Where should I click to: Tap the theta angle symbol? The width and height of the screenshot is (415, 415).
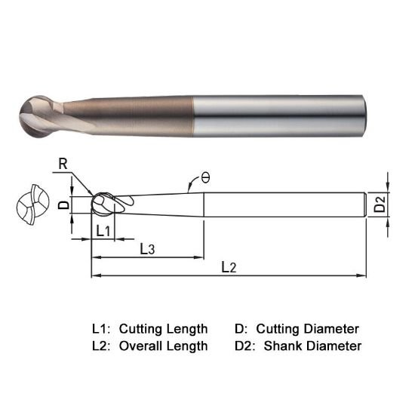[204, 179]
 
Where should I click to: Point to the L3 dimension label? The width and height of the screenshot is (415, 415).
[148, 249]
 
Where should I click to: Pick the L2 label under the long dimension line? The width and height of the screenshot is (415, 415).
[229, 267]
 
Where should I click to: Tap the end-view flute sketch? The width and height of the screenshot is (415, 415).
[31, 204]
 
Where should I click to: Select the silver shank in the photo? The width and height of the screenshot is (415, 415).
[294, 113]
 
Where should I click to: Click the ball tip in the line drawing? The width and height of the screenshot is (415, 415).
[103, 205]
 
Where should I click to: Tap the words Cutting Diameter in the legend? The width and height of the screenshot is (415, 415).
[308, 329]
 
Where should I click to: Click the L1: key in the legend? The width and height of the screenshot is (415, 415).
[101, 329]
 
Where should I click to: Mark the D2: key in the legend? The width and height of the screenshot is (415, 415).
[243, 346]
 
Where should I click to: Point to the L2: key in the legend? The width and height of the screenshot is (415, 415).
[101, 346]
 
